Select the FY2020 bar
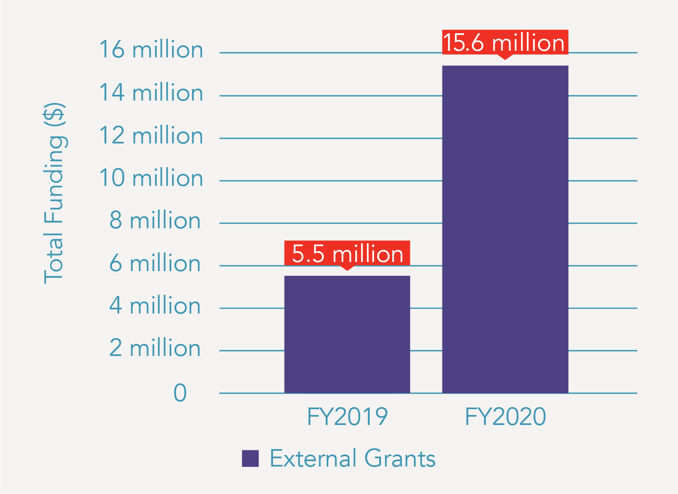click(x=505, y=229)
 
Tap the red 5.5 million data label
click(x=347, y=254)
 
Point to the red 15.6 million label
click(x=505, y=42)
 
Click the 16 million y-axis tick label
click(x=151, y=50)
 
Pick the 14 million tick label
click(x=151, y=93)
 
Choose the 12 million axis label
click(x=151, y=136)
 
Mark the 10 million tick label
click(x=151, y=178)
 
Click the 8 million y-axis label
click(x=155, y=220)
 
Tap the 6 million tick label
click(x=155, y=263)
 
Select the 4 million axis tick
click(x=155, y=306)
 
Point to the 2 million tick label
click(x=155, y=348)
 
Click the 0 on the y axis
click(x=180, y=393)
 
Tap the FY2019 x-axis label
click(x=347, y=417)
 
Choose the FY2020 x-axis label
click(x=505, y=417)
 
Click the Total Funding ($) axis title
click(x=54, y=193)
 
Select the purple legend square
click(x=251, y=458)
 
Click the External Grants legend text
click(x=353, y=458)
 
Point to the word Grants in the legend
click(x=400, y=458)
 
